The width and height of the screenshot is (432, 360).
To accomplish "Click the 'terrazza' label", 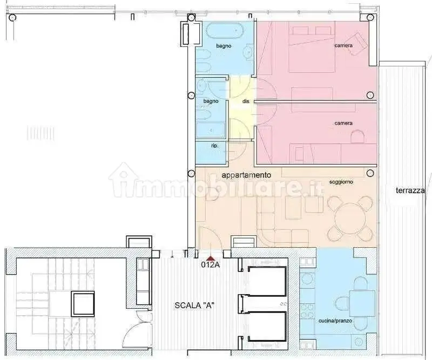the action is pyautogui.click(x=410, y=191).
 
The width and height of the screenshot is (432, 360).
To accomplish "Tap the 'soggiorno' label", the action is pyautogui.click(x=341, y=182).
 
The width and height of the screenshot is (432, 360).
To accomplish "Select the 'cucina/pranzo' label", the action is pyautogui.click(x=335, y=321).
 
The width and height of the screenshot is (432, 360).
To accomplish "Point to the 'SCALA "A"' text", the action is pyautogui.click(x=194, y=305).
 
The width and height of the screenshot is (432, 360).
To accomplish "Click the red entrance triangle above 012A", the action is pyautogui.click(x=211, y=259).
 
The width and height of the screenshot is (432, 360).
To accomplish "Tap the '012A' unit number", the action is pyautogui.click(x=211, y=265).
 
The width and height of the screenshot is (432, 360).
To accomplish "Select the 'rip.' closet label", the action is pyautogui.click(x=215, y=146).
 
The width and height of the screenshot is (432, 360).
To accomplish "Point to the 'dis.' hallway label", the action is pyautogui.click(x=246, y=101).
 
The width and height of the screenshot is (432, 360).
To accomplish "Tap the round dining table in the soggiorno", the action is pyautogui.click(x=350, y=219).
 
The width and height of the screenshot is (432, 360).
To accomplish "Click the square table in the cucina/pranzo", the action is pyautogui.click(x=362, y=303).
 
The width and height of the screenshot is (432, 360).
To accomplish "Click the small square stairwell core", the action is pyautogui.click(x=83, y=304).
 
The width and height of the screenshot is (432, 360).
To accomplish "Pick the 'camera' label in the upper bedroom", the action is pyautogui.click(x=343, y=45).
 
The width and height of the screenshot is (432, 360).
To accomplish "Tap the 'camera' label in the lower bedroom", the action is pyautogui.click(x=343, y=123).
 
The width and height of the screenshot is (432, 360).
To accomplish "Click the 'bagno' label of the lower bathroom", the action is pyautogui.click(x=211, y=101).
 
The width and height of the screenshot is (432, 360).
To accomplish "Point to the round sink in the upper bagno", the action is pyautogui.click(x=249, y=51).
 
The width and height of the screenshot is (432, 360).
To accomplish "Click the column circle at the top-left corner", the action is pyautogui.click(x=12, y=18).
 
